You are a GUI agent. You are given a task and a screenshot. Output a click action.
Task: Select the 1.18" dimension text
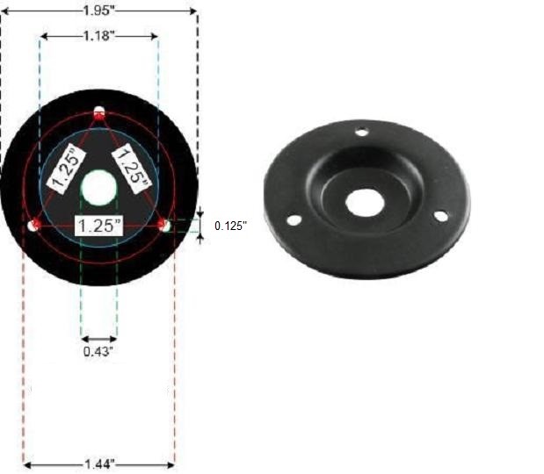99,36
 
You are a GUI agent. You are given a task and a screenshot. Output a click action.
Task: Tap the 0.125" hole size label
231,226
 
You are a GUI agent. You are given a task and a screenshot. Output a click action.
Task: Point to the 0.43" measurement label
98,351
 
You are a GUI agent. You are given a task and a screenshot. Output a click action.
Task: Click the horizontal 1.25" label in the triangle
98,225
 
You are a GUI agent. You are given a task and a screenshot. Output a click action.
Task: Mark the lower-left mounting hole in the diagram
33,226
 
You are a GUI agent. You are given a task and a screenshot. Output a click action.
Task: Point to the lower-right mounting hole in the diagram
164,226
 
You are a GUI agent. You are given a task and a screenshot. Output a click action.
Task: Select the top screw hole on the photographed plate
360,133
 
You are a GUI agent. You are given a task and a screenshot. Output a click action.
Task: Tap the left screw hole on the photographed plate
294,219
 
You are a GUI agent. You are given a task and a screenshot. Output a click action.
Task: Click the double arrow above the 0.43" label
98,338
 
